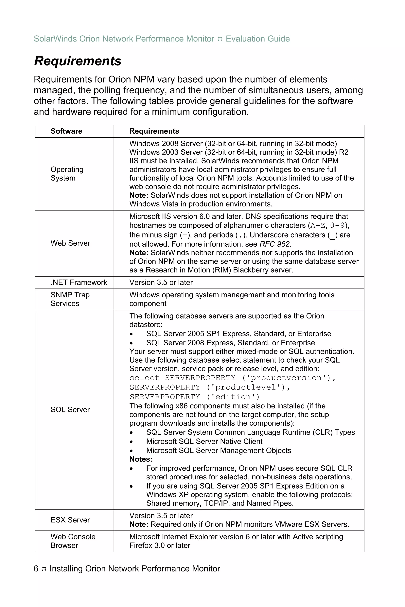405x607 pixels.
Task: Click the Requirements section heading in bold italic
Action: pos(78,61)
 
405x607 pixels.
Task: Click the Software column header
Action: pos(66,131)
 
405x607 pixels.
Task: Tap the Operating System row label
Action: pos(67,174)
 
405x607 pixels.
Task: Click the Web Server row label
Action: pos(70,243)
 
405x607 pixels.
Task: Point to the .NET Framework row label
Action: pos(79,282)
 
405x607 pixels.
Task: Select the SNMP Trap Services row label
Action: pos(70,299)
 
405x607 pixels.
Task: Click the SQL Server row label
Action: pos(70,410)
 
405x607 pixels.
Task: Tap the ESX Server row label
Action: pos(70,520)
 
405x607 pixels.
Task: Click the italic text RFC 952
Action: pos(275,244)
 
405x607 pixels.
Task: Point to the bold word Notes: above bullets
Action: pos(141,459)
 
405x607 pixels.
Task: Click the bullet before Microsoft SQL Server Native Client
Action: pos(132,442)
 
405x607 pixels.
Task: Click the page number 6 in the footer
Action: pos(36,568)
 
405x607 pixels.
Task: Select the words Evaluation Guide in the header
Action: pos(257,39)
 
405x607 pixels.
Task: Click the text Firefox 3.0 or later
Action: pos(160,545)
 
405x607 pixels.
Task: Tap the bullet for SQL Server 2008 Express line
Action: pos(132,343)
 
